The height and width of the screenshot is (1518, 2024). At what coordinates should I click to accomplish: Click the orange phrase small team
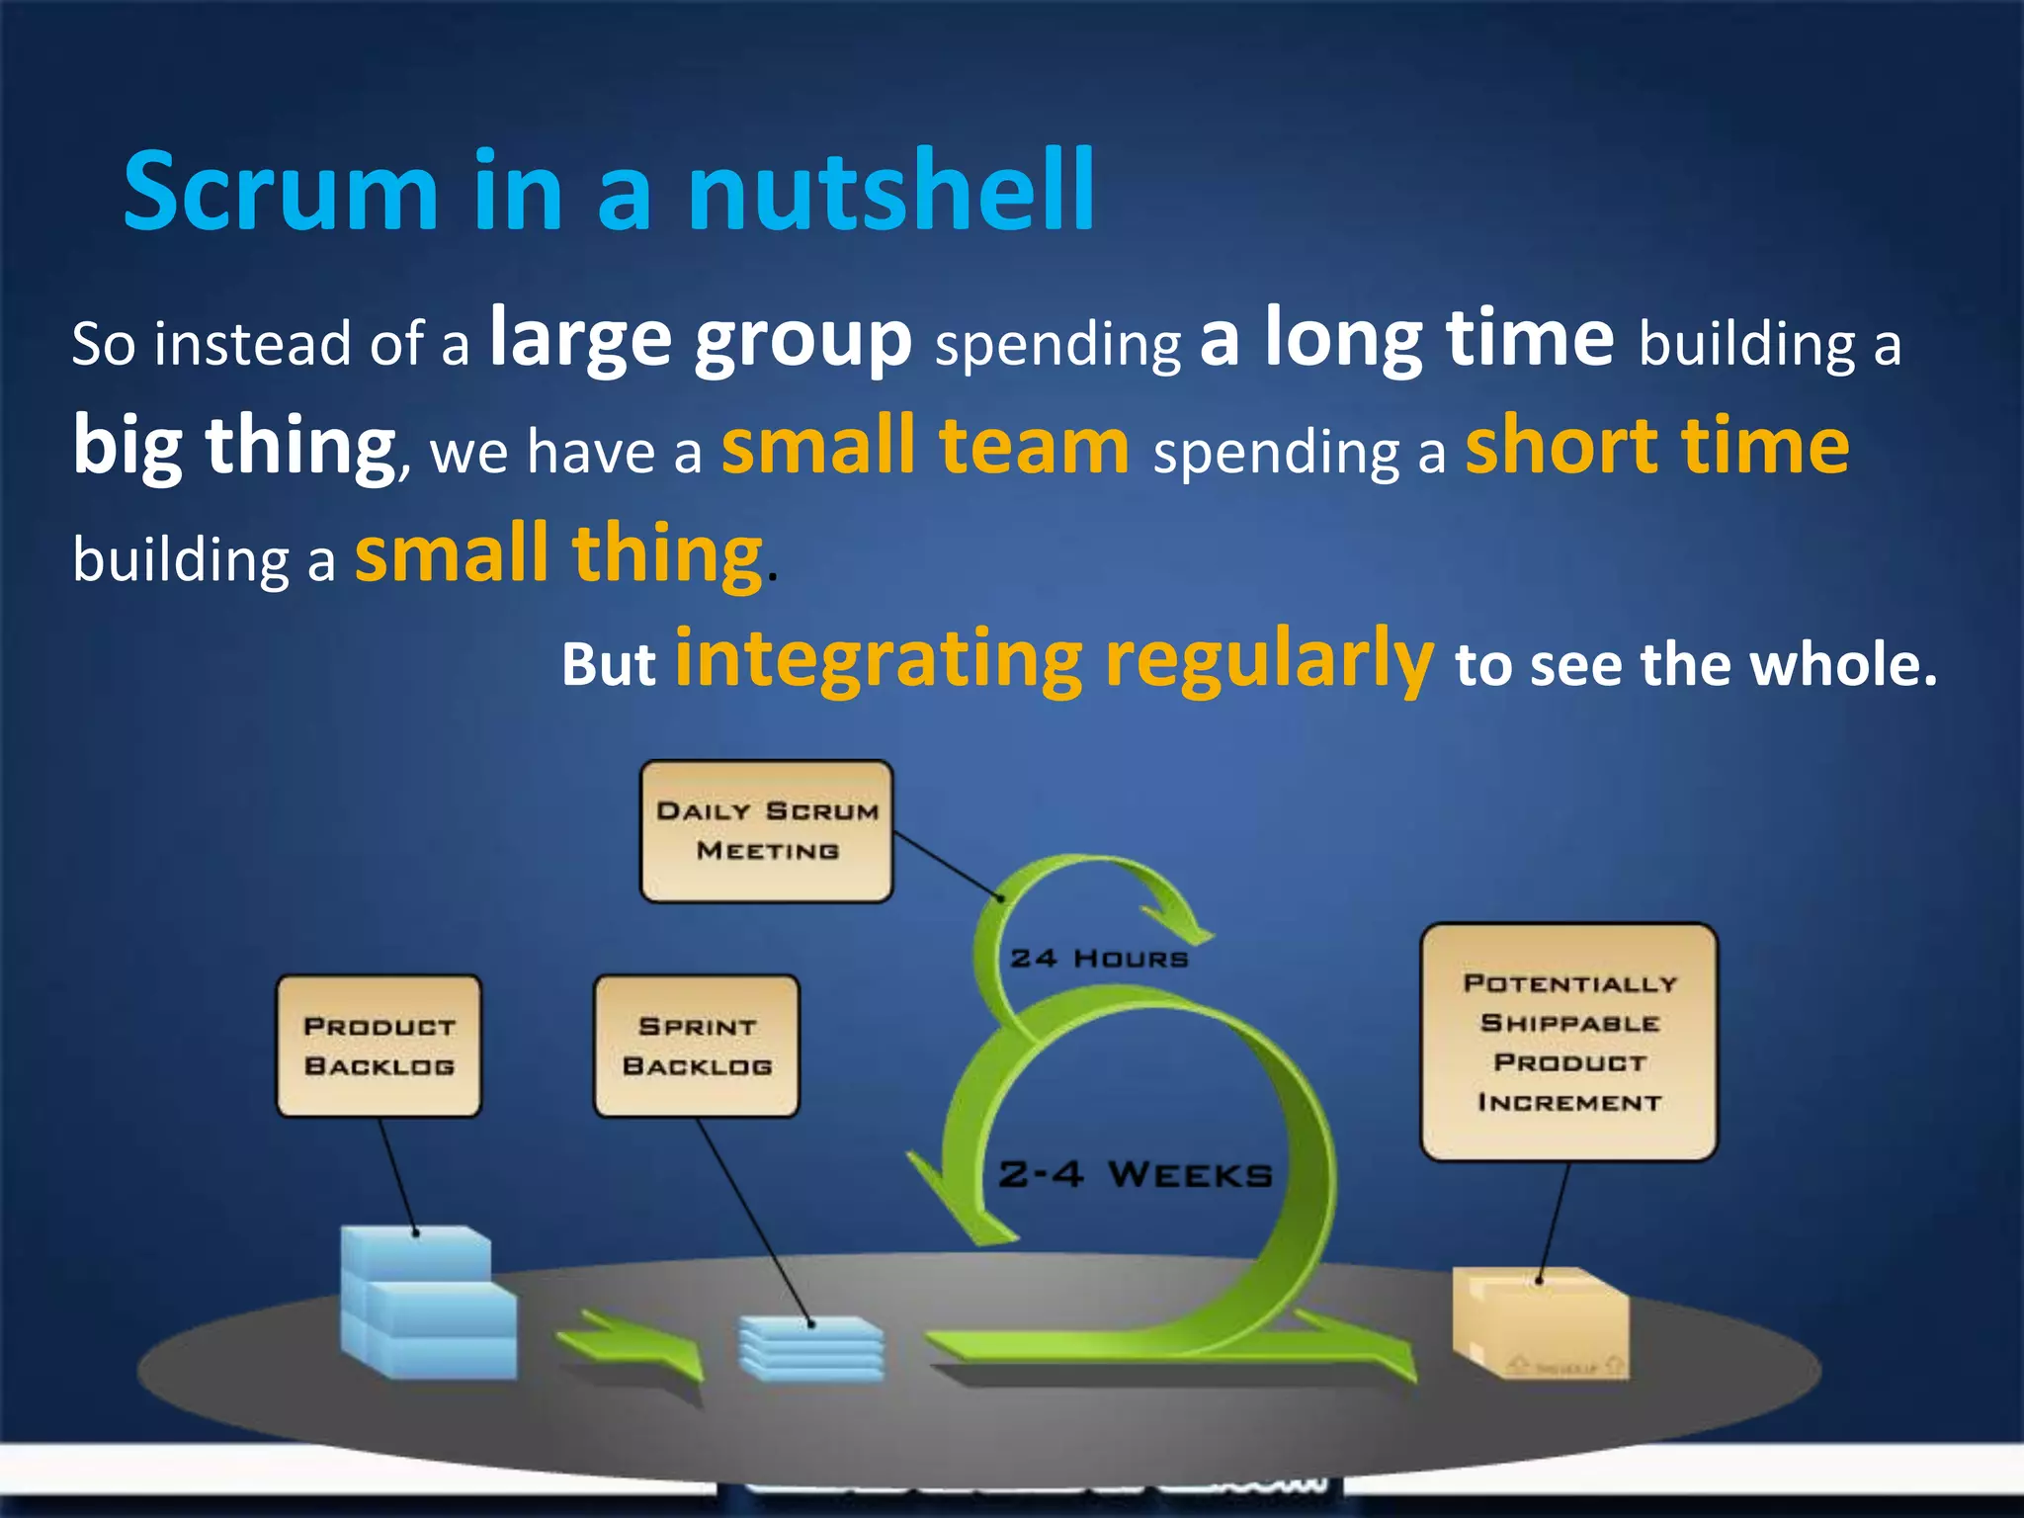tap(925, 446)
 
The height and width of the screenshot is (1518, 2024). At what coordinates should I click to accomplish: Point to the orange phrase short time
tap(1657, 446)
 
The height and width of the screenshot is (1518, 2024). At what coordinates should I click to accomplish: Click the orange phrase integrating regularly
tap(1054, 659)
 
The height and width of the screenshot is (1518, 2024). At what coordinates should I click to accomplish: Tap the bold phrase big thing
tap(235, 446)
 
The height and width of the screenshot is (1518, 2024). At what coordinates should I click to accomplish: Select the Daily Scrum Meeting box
tap(767, 831)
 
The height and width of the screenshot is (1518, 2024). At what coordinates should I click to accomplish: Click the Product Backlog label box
tap(379, 1047)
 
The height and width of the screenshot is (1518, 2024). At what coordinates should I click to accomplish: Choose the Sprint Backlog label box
tap(697, 1047)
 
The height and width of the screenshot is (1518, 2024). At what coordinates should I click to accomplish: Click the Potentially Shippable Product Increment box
tap(1569, 1043)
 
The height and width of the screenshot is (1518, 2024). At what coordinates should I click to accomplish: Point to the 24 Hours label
tap(1099, 959)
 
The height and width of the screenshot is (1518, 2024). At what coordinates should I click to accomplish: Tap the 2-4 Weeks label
tap(1136, 1175)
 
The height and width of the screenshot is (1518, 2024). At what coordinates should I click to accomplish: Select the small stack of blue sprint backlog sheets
tap(811, 1348)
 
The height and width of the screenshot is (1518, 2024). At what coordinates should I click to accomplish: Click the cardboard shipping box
tap(1540, 1324)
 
